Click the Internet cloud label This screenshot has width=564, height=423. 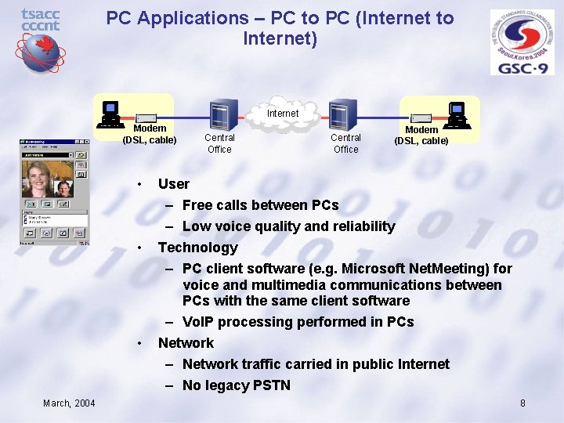point(282,114)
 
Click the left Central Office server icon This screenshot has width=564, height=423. point(219,116)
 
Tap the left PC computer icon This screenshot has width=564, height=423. point(110,114)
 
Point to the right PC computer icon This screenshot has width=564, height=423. point(457,114)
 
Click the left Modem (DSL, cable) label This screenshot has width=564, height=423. point(150,134)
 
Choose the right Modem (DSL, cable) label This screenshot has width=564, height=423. point(421,136)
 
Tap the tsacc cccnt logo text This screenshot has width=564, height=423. point(40,20)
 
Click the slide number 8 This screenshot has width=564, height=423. point(522,403)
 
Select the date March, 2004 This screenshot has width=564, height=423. point(69,403)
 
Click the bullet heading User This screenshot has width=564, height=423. point(173,184)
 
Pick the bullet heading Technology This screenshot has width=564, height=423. point(197,248)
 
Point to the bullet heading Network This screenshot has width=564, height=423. point(186,343)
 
